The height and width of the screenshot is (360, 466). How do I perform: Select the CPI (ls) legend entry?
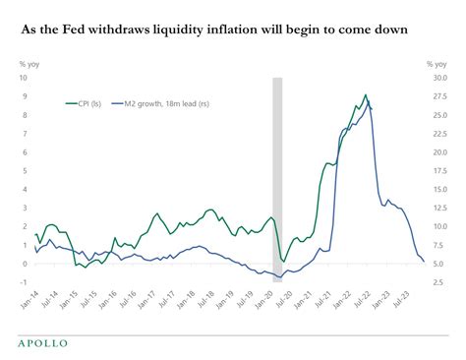pos(87,101)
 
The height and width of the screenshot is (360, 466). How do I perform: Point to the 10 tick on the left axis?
pos(25,79)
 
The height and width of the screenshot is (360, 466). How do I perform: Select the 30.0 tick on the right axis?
pos(441,79)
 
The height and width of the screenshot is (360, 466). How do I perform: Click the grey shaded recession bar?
pos(277,177)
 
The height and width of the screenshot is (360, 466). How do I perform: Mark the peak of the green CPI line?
pos(366,95)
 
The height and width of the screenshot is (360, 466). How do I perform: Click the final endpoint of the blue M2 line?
pos(424,262)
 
